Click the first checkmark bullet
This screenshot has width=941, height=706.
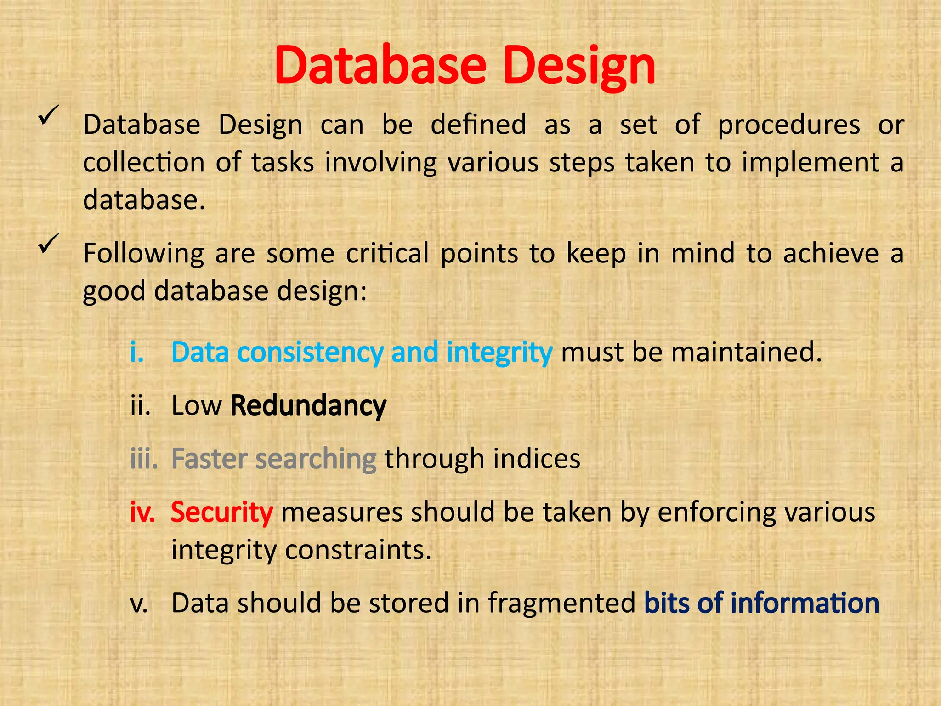[x=48, y=115]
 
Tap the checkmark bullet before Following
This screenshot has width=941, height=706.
[x=48, y=243]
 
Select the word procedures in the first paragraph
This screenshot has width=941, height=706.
[x=788, y=125]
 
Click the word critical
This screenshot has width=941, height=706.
[x=387, y=253]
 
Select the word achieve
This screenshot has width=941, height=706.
[x=831, y=253]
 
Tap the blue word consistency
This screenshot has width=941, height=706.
[x=310, y=353]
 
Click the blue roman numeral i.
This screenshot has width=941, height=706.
[x=136, y=353]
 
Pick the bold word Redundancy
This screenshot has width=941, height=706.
[x=308, y=405]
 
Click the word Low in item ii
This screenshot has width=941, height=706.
[x=196, y=405]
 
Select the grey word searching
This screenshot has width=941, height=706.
[x=316, y=459]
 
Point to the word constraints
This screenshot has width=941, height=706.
[x=358, y=550]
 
